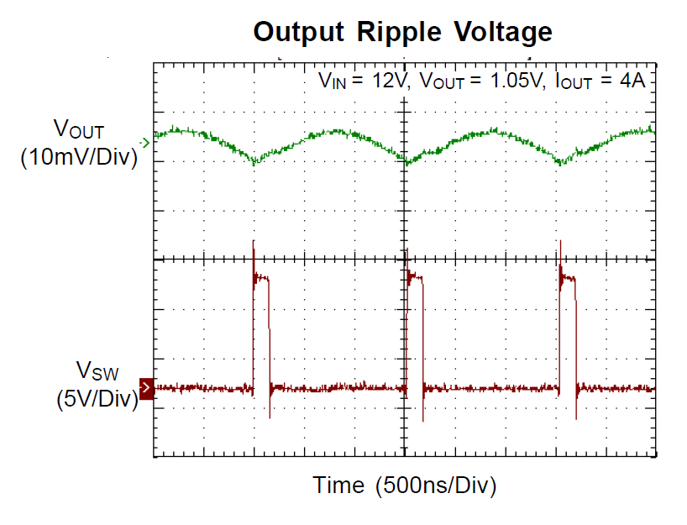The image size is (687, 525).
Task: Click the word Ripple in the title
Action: point(401,32)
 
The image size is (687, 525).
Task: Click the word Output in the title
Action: point(299,32)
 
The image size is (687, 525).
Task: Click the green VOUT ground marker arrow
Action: point(147,144)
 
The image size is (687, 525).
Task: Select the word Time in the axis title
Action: point(339,485)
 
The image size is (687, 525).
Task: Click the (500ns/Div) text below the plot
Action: point(438,485)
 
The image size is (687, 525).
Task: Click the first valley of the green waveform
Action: point(254,162)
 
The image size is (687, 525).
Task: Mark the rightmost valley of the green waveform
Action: point(561,163)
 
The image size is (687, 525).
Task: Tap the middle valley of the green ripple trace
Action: point(407,162)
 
